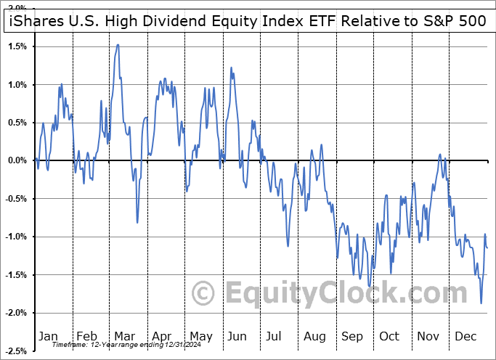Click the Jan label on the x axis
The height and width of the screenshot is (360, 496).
(47, 336)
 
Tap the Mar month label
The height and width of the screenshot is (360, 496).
(124, 336)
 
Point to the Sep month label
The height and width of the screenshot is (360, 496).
(354, 336)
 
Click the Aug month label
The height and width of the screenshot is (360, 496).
(315, 336)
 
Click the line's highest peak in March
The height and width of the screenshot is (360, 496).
(117, 44)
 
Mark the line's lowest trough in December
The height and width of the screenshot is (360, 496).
(481, 303)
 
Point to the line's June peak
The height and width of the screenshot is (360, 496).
(231, 67)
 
